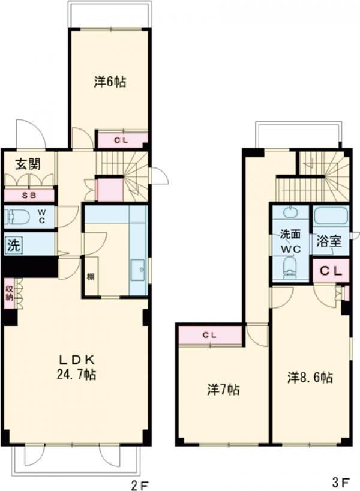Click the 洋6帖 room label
coord(109,82)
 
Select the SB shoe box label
coord(28,196)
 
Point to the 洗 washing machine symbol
coord(13,245)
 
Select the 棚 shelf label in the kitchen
coord(90,277)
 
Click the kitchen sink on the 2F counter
coord(138,270)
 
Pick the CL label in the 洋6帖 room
coord(121,140)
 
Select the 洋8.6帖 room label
coord(310,378)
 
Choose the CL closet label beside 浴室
coord(329,271)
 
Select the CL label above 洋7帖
coord(209,334)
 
